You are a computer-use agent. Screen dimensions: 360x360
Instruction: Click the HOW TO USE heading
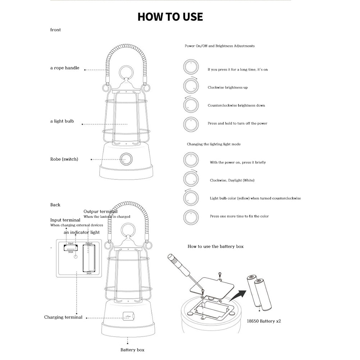(x=170, y=17)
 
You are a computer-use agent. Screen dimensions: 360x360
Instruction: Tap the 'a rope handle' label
(x=65, y=68)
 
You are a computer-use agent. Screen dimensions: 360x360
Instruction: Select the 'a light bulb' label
(x=62, y=121)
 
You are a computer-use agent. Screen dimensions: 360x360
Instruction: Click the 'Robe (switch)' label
(x=64, y=159)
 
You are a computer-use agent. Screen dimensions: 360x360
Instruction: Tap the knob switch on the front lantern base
(x=126, y=159)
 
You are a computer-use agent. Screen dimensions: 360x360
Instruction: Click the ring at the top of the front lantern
(x=127, y=71)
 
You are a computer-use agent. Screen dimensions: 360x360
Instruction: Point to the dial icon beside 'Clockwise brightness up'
(x=191, y=86)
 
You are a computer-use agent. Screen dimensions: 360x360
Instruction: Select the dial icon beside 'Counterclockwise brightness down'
(x=191, y=105)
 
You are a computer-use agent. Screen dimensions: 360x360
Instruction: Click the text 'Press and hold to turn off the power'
(x=237, y=123)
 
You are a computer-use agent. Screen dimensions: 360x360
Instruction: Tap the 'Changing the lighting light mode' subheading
(x=214, y=144)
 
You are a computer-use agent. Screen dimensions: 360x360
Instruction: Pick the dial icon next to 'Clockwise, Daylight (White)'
(x=191, y=179)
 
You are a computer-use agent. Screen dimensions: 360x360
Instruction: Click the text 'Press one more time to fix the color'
(x=239, y=216)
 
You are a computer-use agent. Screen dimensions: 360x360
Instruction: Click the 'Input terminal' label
(x=65, y=220)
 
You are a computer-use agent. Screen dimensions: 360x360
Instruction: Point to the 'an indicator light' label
(x=82, y=232)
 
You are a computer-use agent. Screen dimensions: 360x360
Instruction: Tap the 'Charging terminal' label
(x=63, y=317)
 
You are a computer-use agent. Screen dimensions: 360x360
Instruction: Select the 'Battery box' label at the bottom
(x=132, y=350)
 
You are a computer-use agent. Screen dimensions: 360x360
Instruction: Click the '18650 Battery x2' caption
(x=264, y=321)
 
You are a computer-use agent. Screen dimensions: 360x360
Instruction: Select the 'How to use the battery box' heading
(x=215, y=246)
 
